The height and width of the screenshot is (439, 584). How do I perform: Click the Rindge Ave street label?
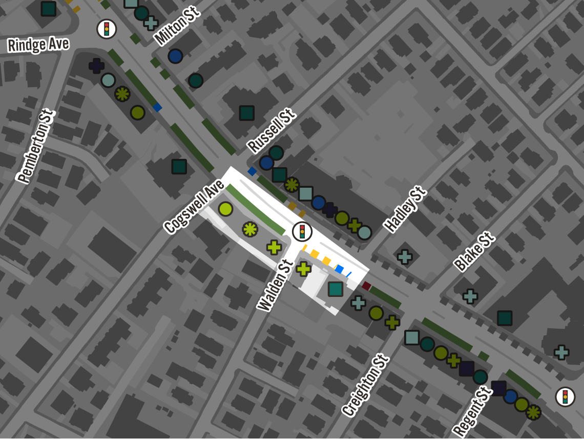tap(38, 45)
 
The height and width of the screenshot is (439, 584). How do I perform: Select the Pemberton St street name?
tap(35, 146)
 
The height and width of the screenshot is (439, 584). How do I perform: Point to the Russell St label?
tap(271, 130)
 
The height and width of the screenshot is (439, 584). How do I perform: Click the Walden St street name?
tap(275, 285)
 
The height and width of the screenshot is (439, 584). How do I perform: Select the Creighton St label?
tap(366, 385)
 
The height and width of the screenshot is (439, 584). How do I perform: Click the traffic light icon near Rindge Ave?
tap(107, 29)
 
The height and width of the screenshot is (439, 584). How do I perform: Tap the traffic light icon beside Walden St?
tap(302, 231)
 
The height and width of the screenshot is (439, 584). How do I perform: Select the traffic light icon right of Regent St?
tap(565, 396)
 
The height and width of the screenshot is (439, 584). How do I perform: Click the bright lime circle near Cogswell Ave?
tap(225, 209)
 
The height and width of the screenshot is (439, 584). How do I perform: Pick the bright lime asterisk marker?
tap(250, 229)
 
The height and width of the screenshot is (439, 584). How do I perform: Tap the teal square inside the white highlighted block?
tap(336, 289)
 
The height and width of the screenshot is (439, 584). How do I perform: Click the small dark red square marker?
tap(366, 286)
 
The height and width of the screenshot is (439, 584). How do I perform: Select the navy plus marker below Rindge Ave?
tap(96, 66)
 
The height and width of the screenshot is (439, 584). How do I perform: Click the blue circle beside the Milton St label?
tap(175, 56)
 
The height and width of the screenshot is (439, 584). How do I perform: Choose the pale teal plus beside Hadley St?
tap(405, 257)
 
